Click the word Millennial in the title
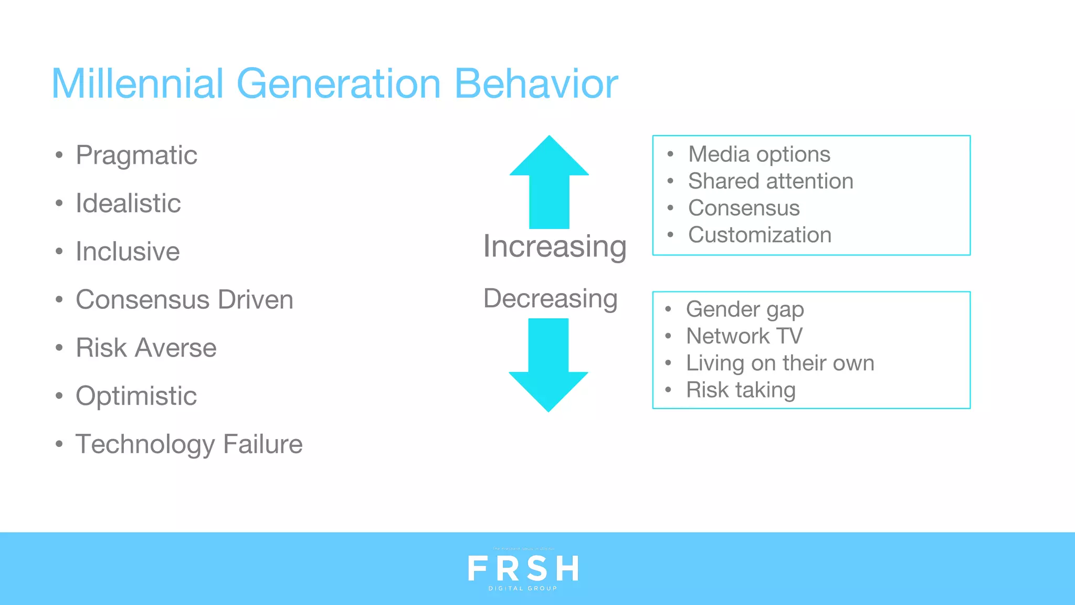[138, 84]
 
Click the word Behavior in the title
[536, 84]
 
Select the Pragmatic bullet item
[136, 155]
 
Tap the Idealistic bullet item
[128, 203]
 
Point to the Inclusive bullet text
[128, 252]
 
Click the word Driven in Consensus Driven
[256, 300]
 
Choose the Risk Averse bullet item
[146, 348]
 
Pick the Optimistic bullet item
[136, 396]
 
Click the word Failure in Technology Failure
[262, 444]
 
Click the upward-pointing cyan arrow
[549, 184]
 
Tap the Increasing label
[555, 246]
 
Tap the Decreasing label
[550, 299]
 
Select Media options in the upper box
[759, 154]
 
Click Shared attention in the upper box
[771, 181]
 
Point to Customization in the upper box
[760, 235]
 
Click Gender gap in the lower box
[745, 309]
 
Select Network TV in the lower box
[744, 336]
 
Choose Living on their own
[780, 363]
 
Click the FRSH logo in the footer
[523, 569]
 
